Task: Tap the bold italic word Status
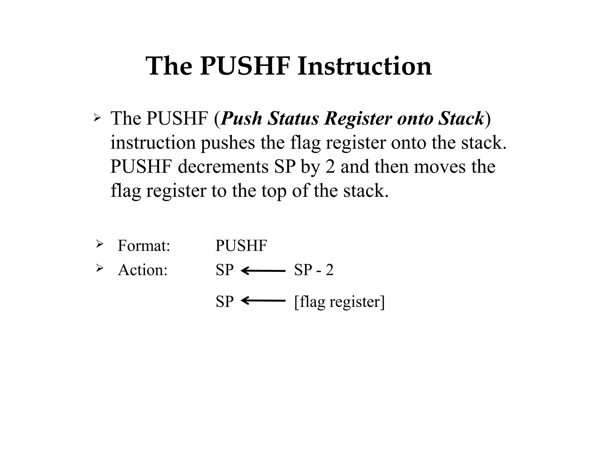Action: [x=293, y=119]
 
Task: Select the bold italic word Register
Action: [x=358, y=119]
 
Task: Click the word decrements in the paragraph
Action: [x=223, y=167]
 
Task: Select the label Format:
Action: [x=144, y=245]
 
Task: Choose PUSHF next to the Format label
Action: [x=241, y=245]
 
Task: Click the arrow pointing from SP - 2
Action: [x=263, y=271]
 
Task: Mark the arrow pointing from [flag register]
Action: [x=263, y=301]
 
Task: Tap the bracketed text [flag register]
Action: [x=339, y=302]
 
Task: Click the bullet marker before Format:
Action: [x=100, y=244]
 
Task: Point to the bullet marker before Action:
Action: [x=100, y=268]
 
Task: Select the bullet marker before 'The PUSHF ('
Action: [x=97, y=118]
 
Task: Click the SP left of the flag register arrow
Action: [x=224, y=302]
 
